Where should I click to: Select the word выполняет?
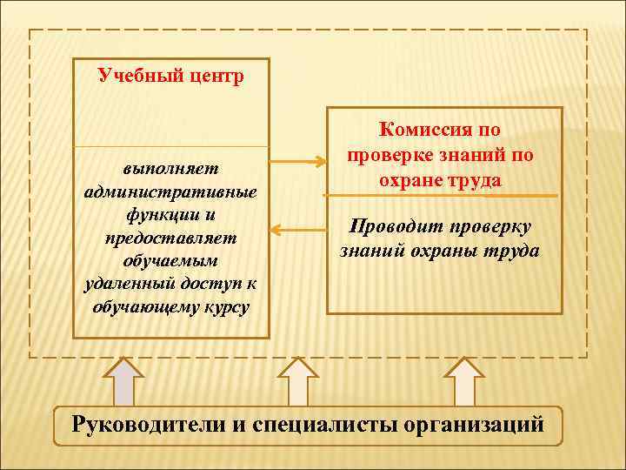tap(170, 166)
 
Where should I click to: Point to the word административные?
tap(170, 191)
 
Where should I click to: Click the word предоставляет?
tap(170, 237)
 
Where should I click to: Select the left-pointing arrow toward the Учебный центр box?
tap(296, 230)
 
